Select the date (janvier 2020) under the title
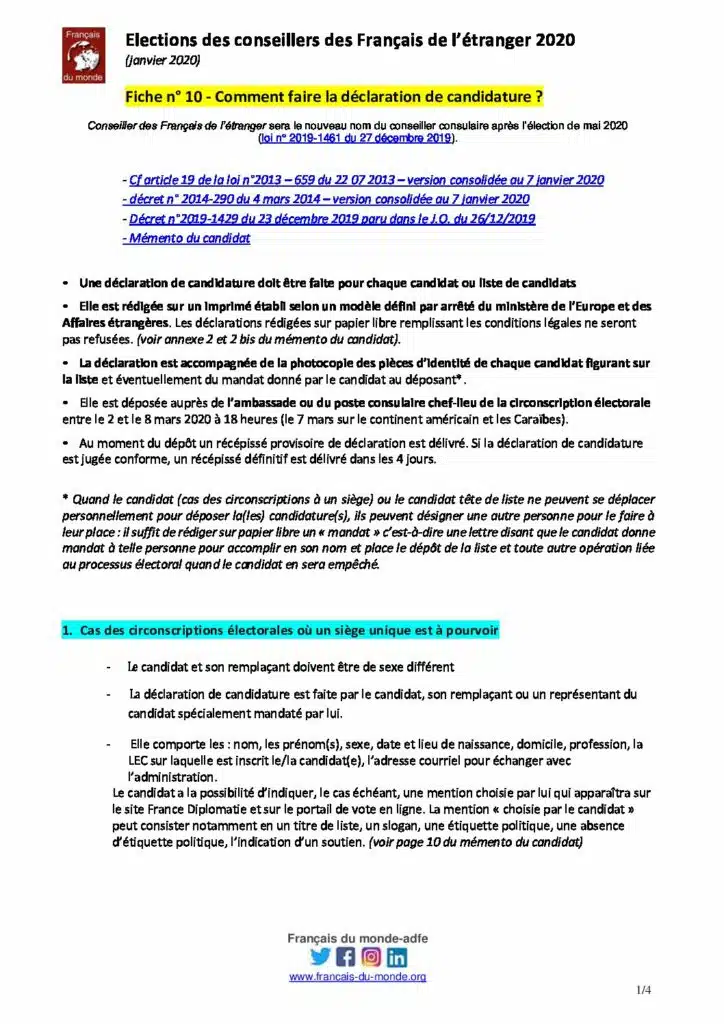(162, 61)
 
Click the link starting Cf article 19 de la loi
(366, 180)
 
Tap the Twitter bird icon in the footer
(320, 957)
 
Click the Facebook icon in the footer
(346, 957)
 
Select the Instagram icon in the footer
(371, 957)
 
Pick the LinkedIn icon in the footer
(397, 957)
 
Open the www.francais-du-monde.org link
(358, 977)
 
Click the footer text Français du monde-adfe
(358, 938)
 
